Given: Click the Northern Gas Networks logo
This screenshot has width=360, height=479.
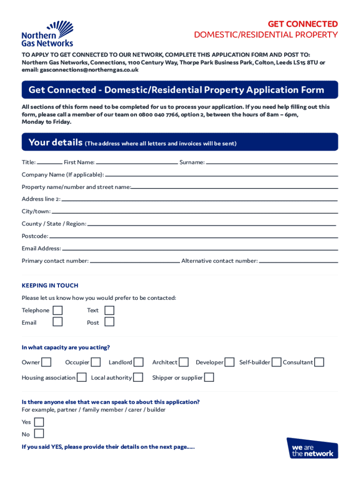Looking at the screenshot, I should [x=47, y=34].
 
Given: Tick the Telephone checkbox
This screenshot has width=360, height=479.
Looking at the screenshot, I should [x=58, y=310].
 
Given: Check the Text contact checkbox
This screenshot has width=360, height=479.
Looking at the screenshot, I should [x=109, y=310].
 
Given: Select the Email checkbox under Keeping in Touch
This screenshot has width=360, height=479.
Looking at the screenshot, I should [x=58, y=322].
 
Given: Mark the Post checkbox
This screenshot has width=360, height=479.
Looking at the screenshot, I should [x=109, y=322].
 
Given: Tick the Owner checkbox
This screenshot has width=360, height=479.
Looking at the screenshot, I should [x=46, y=362].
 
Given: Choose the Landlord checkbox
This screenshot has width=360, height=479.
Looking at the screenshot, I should [x=138, y=362].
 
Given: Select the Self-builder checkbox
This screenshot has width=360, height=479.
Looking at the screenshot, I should [x=276, y=362].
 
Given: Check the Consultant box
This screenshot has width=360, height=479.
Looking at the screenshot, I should [x=319, y=362].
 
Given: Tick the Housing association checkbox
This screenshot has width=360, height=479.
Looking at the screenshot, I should [x=81, y=377].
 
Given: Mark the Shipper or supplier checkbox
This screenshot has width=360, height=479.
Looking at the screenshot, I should [x=209, y=377].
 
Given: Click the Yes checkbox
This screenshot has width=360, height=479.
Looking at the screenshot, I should [x=39, y=422].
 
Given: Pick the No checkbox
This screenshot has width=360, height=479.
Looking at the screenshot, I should [x=39, y=434].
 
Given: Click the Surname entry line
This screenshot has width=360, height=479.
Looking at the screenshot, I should [x=271, y=163].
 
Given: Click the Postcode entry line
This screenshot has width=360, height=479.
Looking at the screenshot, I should [x=193, y=237].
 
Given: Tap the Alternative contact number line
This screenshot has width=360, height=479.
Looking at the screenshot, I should [x=298, y=261].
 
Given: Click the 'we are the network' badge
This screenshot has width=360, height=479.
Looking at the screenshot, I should [x=312, y=448].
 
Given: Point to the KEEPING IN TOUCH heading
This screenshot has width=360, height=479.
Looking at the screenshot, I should [x=50, y=285].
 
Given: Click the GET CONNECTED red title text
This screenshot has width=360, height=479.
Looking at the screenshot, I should [x=302, y=24].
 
